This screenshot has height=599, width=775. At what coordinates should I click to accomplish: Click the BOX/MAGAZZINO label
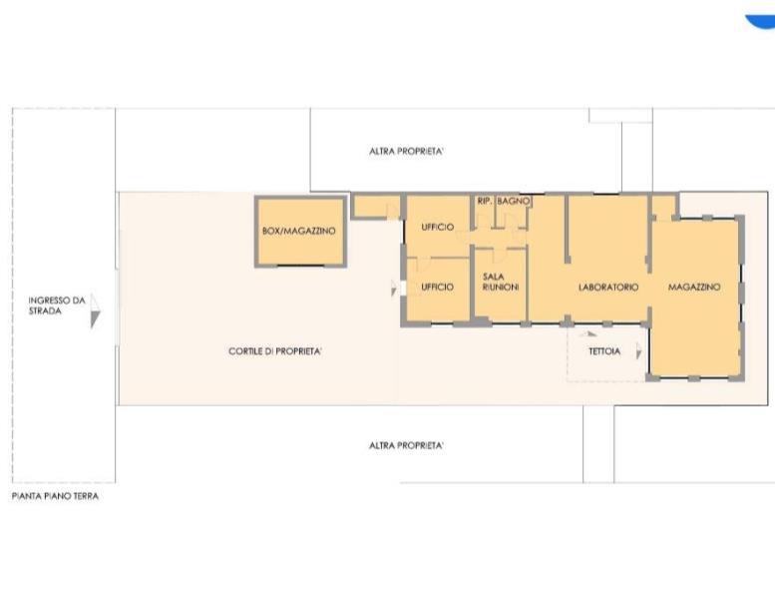(x=298, y=231)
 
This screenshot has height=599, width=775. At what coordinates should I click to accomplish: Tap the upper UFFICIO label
(x=438, y=227)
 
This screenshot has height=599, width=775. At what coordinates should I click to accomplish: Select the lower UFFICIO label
(x=438, y=287)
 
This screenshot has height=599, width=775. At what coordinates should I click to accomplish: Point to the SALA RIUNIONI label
(x=500, y=282)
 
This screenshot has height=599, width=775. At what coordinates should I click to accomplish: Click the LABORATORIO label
(x=608, y=287)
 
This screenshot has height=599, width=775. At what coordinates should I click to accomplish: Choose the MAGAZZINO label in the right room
(x=694, y=287)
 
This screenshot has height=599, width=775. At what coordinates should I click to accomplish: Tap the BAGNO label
(x=514, y=202)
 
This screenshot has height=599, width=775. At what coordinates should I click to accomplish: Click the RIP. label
(x=484, y=202)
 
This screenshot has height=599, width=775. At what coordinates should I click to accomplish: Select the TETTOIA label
(x=604, y=351)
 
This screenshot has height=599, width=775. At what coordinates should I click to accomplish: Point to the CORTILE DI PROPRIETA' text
(x=275, y=351)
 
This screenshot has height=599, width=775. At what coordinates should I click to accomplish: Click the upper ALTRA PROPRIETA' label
(x=406, y=152)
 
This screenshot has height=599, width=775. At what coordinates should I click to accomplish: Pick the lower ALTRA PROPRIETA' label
(x=406, y=445)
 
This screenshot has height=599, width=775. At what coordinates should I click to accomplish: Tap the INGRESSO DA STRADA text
(x=56, y=305)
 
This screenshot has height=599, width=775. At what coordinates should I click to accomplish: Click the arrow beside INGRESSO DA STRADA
(x=95, y=311)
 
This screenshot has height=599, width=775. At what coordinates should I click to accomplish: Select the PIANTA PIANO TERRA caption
(x=56, y=496)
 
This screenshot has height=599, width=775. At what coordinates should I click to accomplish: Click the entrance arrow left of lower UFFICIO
(x=393, y=288)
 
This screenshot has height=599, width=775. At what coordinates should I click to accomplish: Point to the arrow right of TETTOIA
(x=638, y=350)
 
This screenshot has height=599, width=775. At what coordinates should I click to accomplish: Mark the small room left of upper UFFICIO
(x=376, y=207)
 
